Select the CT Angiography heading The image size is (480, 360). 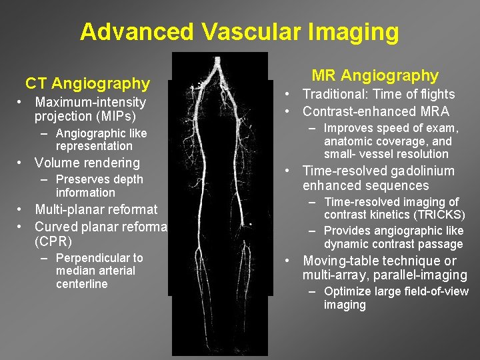coord(87,83)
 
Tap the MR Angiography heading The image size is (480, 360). coord(375,75)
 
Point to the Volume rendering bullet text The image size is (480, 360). coord(87,163)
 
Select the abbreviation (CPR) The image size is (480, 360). coord(53,241)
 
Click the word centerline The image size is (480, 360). coord(82,284)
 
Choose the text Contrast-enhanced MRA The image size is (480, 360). coord(376,111)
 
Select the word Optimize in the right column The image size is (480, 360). coord(345,291)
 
